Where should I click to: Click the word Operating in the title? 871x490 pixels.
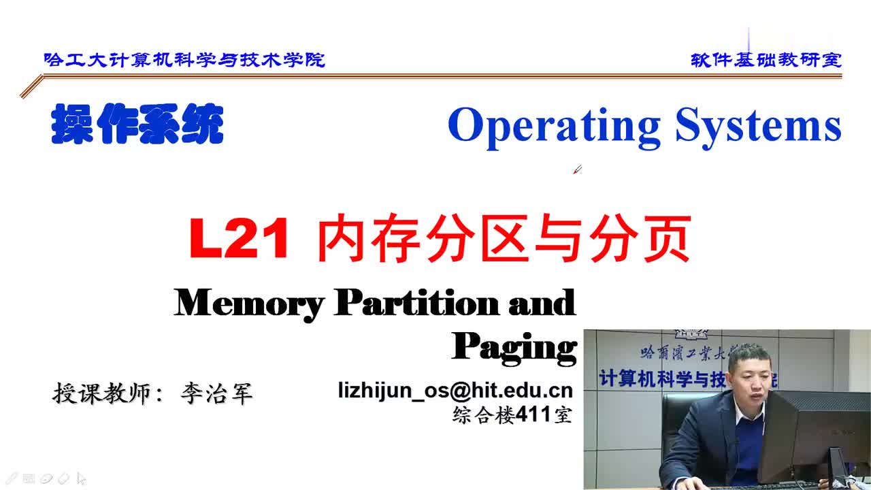pos(555,127)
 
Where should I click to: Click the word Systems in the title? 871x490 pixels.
pos(759,125)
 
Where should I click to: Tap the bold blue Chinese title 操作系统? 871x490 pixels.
pos(137,124)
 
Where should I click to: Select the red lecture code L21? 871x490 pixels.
pos(239,238)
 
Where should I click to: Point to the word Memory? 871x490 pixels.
pos(249,304)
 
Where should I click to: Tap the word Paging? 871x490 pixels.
pos(514,348)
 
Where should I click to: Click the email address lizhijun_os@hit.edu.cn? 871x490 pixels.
pos(455,391)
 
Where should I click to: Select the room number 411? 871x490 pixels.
pos(533,414)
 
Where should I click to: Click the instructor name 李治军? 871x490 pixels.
pos(216,393)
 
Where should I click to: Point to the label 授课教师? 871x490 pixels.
pos(101,393)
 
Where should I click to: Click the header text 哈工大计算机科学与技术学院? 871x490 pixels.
pos(184,60)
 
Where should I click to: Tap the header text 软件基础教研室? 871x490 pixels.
pos(766,60)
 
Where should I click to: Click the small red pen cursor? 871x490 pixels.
pos(578,169)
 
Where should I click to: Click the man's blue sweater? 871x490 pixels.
pos(749,447)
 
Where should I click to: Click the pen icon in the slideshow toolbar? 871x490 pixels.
pos(11,478)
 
